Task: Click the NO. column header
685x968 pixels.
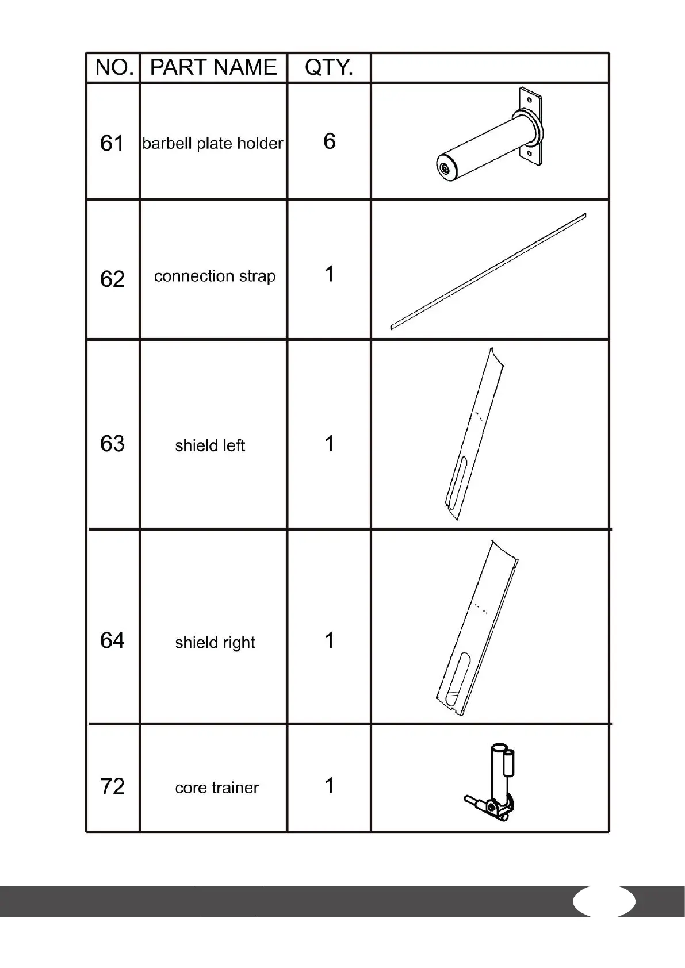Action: (114, 68)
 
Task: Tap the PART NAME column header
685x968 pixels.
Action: (213, 68)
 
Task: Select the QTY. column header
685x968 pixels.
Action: (329, 68)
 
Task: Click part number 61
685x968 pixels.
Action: (112, 143)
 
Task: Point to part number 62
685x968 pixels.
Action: (112, 279)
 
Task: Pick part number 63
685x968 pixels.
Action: (112, 444)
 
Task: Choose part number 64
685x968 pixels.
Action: (112, 641)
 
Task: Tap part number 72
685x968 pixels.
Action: (112, 786)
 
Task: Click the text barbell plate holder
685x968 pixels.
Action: (213, 143)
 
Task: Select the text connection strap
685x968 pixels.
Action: (215, 276)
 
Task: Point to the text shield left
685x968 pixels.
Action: (210, 445)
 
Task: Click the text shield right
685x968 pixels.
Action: (215, 643)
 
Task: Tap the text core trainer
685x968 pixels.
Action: (217, 788)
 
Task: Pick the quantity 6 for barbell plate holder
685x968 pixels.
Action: (329, 141)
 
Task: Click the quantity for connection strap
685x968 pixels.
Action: (329, 274)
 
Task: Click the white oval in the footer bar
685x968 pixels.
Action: (604, 901)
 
